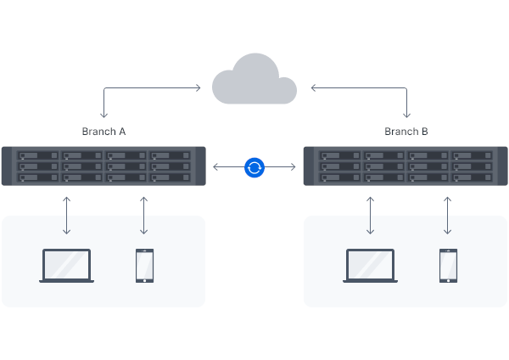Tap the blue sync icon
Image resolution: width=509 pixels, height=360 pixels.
(255, 167)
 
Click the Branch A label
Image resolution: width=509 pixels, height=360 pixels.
(103, 132)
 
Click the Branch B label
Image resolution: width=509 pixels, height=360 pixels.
(406, 132)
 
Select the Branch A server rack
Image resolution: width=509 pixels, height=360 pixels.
(103, 167)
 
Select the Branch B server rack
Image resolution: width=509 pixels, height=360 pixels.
(406, 167)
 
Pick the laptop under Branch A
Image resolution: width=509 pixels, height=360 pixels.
(67, 266)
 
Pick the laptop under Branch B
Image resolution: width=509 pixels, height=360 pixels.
(370, 266)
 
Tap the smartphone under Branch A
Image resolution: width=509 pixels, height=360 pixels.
(144, 266)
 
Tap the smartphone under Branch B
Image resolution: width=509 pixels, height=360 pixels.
(448, 266)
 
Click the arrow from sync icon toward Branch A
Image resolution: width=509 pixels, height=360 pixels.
(227, 167)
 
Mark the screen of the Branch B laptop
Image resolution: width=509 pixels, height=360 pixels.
(370, 263)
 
